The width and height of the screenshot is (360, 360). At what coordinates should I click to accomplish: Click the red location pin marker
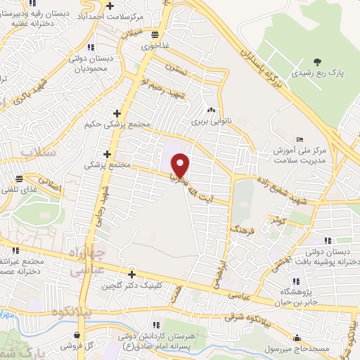(181, 165)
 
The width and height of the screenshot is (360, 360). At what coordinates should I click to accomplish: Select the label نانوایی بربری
(210, 121)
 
